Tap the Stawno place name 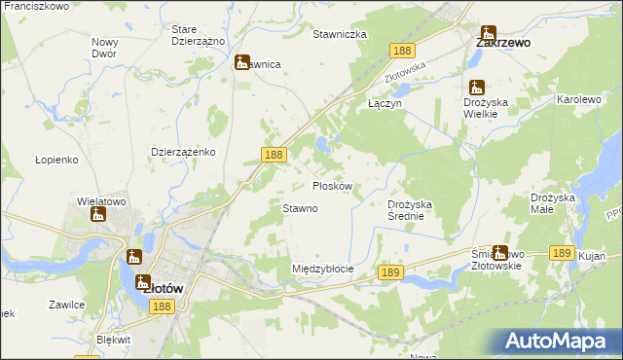click(300, 208)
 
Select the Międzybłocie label click(322, 269)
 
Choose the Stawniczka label click(339, 34)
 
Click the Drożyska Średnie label click(416, 210)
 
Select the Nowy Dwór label click(104, 48)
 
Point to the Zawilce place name click(67, 304)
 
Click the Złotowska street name click(407, 70)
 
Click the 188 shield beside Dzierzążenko click(274, 154)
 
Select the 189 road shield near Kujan click(561, 252)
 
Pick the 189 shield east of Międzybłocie click(390, 274)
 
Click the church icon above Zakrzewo click(487, 32)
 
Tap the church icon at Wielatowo click(97, 214)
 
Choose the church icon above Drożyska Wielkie click(476, 88)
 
